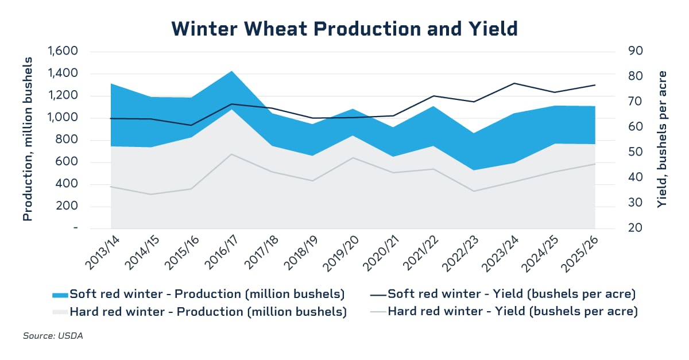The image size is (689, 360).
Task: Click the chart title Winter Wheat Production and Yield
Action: (344, 28)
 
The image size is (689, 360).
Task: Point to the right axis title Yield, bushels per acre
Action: (662, 140)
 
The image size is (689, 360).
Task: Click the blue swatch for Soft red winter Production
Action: (59, 295)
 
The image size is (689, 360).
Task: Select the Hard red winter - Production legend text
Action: (208, 312)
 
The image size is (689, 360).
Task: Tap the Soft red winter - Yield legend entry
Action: (512, 294)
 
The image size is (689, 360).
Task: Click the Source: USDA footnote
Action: (53, 336)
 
